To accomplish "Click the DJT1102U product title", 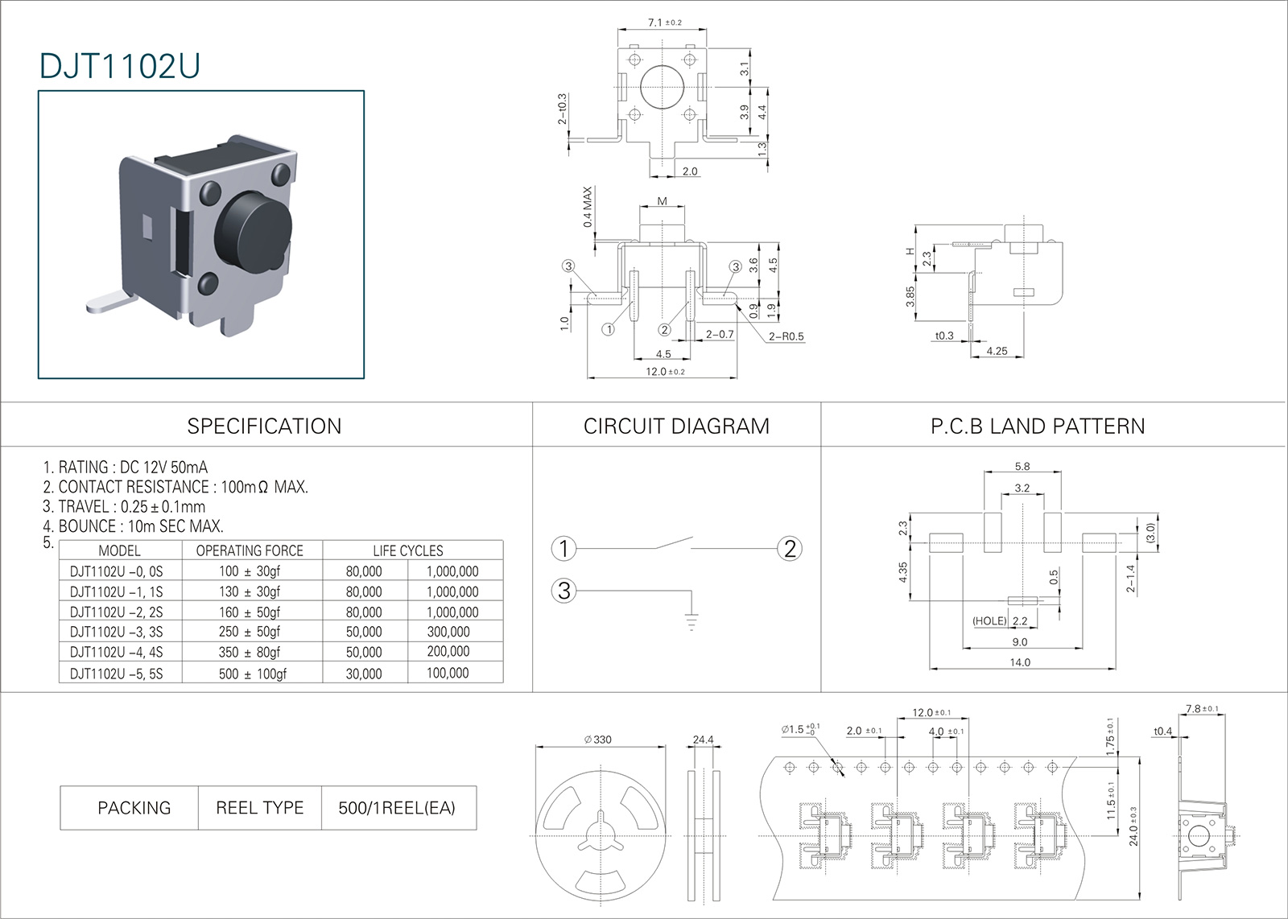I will (x=119, y=67).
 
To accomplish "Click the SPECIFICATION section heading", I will (x=264, y=427).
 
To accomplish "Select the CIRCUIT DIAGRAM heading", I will (x=676, y=427).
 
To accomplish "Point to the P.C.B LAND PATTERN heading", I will (x=1038, y=427).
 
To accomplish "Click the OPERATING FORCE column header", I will (x=250, y=551).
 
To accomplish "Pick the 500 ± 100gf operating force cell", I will (x=252, y=674).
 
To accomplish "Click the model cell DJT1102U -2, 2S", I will (x=116, y=612).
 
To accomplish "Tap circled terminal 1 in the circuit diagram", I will (x=563, y=549).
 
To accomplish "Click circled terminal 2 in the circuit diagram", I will (x=790, y=549).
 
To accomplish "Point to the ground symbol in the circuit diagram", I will (x=691, y=620).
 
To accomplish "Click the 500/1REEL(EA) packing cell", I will (x=397, y=808).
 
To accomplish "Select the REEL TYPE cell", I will (x=259, y=808).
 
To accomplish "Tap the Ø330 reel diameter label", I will (x=598, y=740).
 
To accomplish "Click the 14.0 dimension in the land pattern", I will (x=1020, y=662).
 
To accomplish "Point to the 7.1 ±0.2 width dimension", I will (x=664, y=23).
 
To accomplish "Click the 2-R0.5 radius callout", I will (x=786, y=336).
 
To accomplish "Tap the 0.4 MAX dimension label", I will (x=588, y=207).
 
